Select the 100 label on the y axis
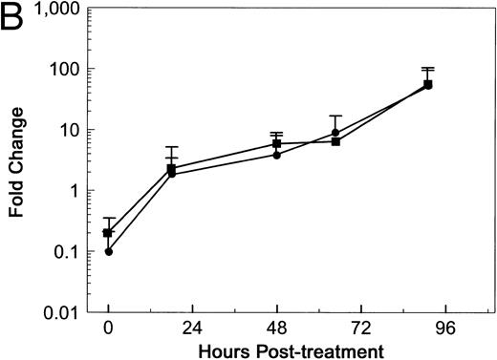[62, 70]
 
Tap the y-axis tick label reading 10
[66, 130]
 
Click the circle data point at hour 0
[109, 251]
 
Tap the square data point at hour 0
[108, 233]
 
